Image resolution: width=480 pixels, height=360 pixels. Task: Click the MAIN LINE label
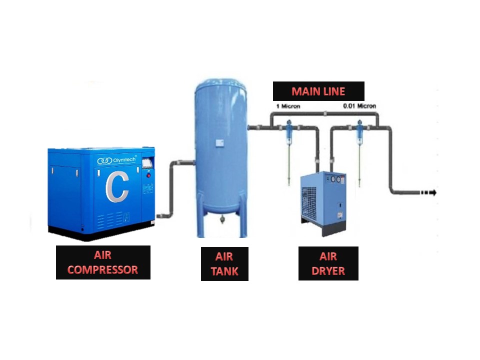tap(318, 91)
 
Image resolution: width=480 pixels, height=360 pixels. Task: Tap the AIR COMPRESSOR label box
tap(103, 262)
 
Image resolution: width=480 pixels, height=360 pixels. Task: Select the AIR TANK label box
tap(224, 264)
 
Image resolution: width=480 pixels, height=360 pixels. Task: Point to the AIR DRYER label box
tap(328, 263)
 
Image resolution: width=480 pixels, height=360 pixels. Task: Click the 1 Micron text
tap(288, 106)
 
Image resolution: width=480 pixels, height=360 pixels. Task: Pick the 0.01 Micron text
tap(359, 106)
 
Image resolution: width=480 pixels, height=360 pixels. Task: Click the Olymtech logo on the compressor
tap(116, 160)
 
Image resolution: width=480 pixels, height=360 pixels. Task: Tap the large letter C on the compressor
tap(117, 187)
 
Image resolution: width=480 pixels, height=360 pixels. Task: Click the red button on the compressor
tap(148, 175)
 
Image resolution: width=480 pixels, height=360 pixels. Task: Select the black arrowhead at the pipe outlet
tap(433, 192)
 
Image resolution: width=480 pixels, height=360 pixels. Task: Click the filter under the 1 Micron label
tap(288, 131)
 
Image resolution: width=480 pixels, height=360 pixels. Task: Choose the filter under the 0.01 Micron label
tap(359, 131)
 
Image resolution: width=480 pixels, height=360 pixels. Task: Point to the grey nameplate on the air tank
tap(219, 143)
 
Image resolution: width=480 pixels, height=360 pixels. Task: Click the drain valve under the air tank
tap(221, 219)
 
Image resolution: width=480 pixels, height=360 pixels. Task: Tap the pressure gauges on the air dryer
tap(335, 179)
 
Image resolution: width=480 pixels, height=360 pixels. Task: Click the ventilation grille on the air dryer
tap(309, 203)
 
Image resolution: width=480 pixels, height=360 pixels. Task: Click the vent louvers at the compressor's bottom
tap(110, 220)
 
